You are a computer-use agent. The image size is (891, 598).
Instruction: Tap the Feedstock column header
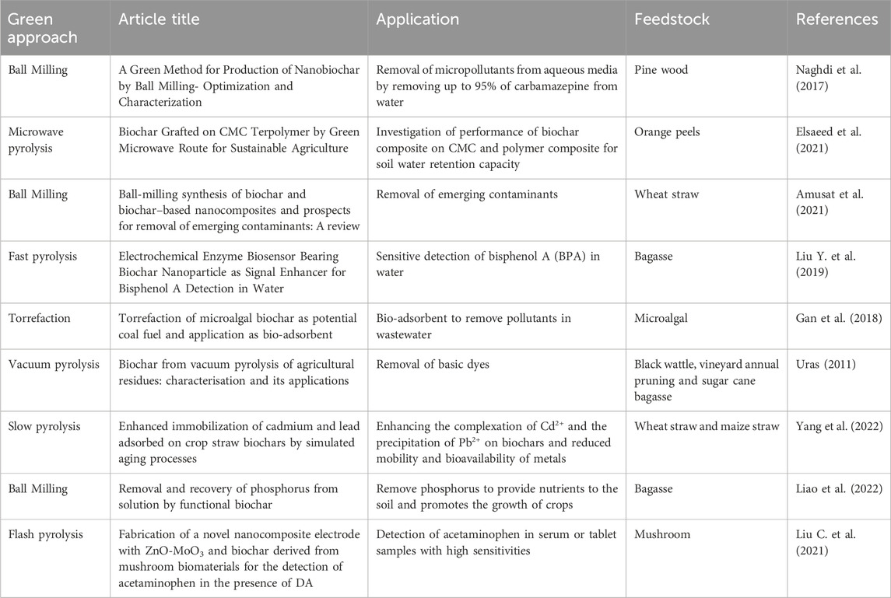(671, 20)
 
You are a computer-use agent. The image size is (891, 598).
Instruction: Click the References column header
(837, 20)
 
